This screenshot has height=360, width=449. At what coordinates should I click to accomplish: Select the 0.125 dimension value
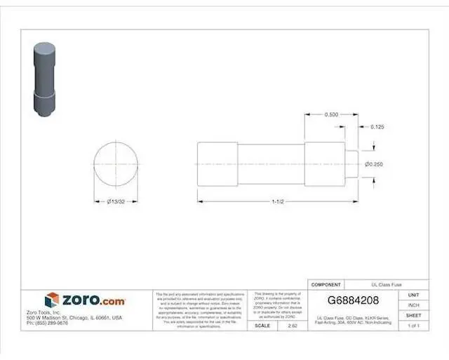[x=377, y=127]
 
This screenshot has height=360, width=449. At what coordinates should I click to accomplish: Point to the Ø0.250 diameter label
[x=373, y=164]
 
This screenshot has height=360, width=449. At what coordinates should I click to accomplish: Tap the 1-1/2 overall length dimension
[x=279, y=202]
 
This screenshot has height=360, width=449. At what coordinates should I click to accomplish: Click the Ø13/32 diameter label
[x=116, y=202]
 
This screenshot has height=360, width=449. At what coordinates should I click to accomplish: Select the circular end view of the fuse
[x=116, y=164]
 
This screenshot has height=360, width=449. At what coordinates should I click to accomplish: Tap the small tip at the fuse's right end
[x=352, y=164]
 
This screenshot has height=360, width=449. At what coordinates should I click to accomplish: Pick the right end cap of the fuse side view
[x=325, y=164]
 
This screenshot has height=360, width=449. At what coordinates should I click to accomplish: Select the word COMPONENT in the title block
[x=326, y=285]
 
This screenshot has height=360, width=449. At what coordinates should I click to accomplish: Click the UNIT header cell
[x=414, y=295]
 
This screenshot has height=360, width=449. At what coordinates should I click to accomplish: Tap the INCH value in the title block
[x=414, y=305]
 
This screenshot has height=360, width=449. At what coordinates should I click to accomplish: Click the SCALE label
[x=263, y=326]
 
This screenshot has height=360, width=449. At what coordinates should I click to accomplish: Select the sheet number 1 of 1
[x=414, y=326]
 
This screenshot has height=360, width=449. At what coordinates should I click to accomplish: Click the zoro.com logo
[x=85, y=300]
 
